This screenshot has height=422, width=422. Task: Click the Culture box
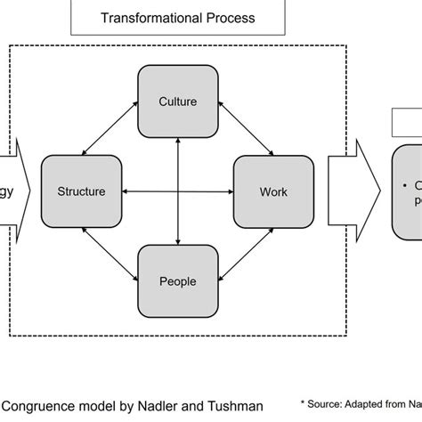177,101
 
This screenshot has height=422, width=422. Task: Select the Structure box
81,191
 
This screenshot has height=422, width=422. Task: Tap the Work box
273,191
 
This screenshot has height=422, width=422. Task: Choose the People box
177,281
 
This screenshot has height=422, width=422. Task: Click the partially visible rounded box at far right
408,191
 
